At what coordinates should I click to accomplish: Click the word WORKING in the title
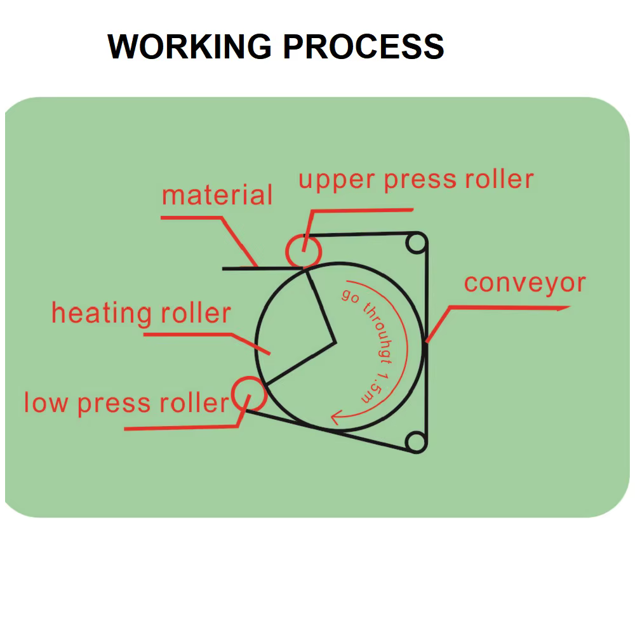190,46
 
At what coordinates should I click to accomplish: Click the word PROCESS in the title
363,46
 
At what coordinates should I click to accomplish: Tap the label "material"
217,196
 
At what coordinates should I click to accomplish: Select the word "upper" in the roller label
337,181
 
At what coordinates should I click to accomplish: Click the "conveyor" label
525,283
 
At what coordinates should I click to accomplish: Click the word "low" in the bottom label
46,403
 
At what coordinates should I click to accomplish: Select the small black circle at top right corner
415,243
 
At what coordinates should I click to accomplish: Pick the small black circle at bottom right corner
415,442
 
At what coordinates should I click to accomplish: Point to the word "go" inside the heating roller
350,297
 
